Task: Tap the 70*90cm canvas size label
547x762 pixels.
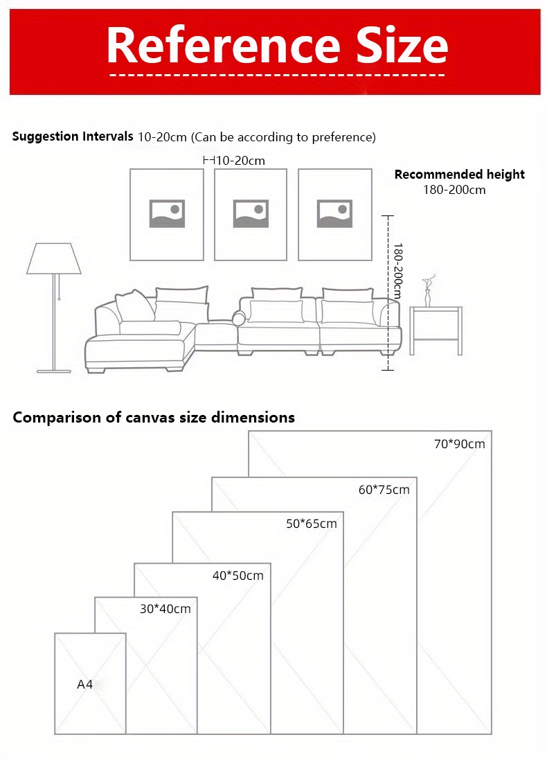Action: pyautogui.click(x=459, y=444)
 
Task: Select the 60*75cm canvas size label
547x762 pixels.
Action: pyautogui.click(x=384, y=490)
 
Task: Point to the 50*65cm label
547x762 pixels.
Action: pyautogui.click(x=311, y=524)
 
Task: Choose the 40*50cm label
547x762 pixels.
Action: pyautogui.click(x=237, y=576)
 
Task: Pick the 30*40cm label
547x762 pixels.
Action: pyautogui.click(x=165, y=609)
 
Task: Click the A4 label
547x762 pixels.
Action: pyautogui.click(x=84, y=684)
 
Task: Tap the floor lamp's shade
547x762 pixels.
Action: pyautogui.click(x=53, y=258)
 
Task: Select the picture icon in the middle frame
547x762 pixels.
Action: pyautogui.click(x=251, y=213)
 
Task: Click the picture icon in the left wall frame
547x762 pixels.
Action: pyautogui.click(x=167, y=213)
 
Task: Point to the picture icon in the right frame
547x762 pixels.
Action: pyautogui.click(x=334, y=213)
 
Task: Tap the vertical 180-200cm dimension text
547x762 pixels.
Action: pyautogui.click(x=397, y=271)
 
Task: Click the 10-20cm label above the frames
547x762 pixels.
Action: pyautogui.click(x=240, y=161)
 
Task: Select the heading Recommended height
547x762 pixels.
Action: pyautogui.click(x=459, y=175)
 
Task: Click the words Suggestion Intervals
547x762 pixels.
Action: pyautogui.click(x=73, y=136)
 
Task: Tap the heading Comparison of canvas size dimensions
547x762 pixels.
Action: pyautogui.click(x=154, y=417)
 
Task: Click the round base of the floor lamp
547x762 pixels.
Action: pyautogui.click(x=54, y=371)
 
